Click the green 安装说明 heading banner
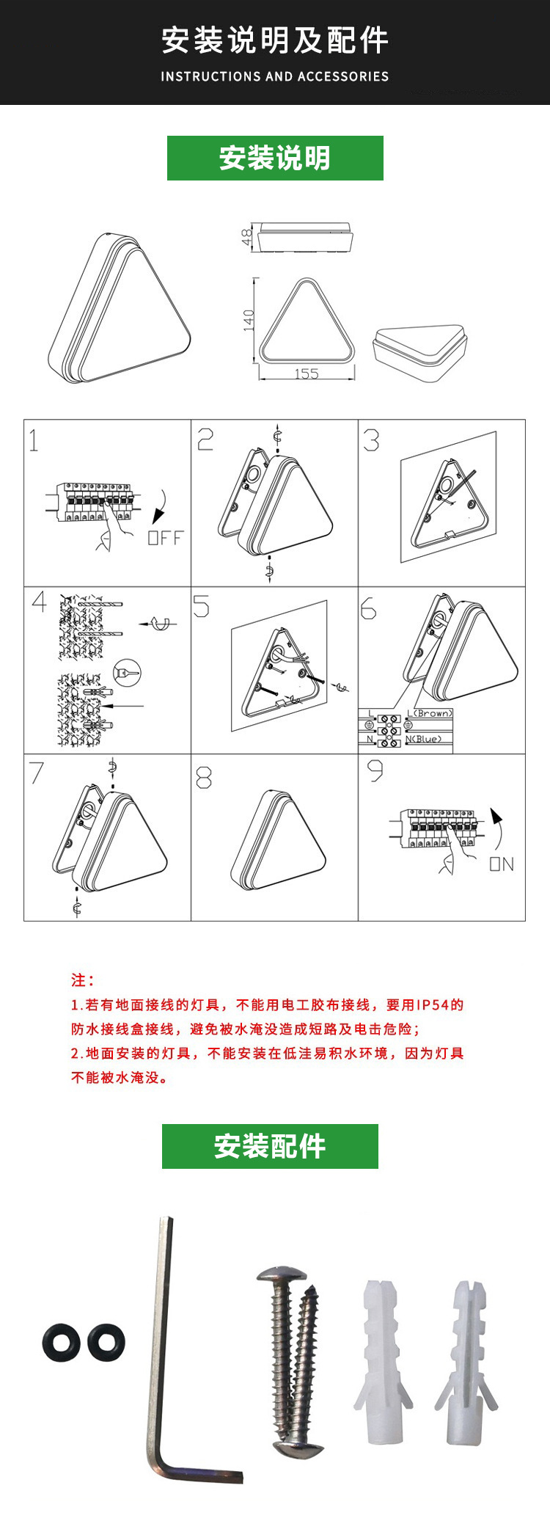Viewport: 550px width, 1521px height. [x=275, y=158]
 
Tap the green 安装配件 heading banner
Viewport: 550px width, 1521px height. [x=270, y=1146]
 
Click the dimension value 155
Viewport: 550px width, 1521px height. [x=306, y=373]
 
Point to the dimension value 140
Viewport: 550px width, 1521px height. [x=249, y=320]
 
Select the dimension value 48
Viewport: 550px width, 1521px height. [x=247, y=237]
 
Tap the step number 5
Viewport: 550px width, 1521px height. [x=201, y=607]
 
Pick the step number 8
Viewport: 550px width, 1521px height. [x=204, y=777]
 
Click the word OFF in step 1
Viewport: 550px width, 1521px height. [x=165, y=538]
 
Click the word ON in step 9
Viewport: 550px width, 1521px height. [x=502, y=864]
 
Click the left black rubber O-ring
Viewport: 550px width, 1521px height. [x=61, y=1342]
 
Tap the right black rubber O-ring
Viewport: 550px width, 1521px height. [x=106, y=1342]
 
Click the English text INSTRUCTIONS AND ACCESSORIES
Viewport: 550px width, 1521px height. [x=274, y=76]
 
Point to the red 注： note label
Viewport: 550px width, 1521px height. [x=82, y=980]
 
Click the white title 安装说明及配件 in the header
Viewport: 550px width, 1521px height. [x=274, y=40]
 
